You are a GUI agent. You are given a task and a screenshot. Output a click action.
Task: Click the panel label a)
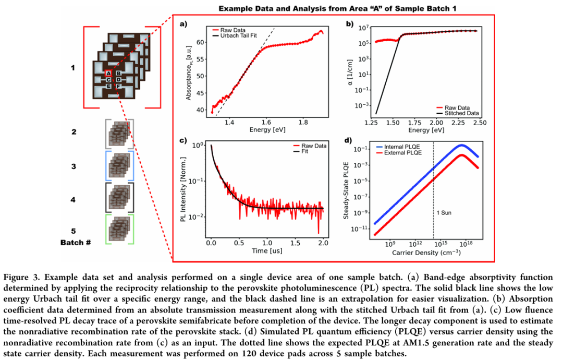tap(183, 23)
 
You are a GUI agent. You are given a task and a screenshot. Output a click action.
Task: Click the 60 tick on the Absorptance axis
tap(198, 42)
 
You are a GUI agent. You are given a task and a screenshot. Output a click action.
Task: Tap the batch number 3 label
tap(74, 166)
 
